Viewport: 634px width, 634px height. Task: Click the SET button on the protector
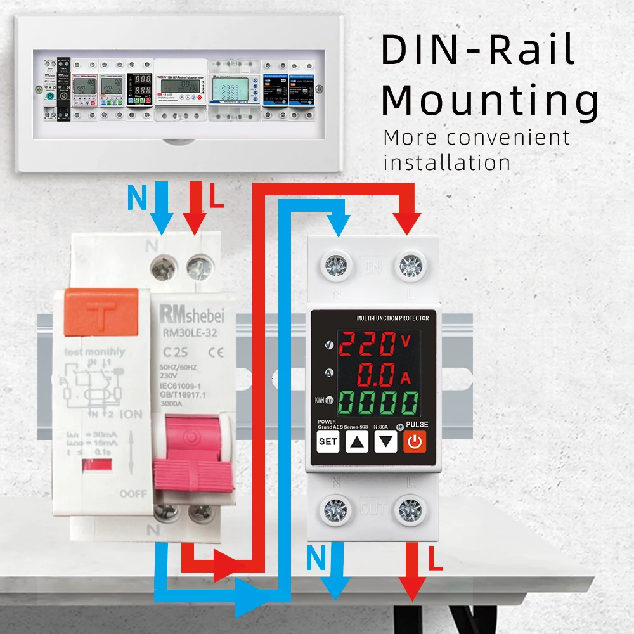point(328,442)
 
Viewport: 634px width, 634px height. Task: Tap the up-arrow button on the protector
point(357,442)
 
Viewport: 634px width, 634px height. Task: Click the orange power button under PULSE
point(415,441)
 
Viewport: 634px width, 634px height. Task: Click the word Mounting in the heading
point(490,101)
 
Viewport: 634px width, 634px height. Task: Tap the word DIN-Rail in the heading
point(478,51)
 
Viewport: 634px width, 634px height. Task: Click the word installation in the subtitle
point(447,162)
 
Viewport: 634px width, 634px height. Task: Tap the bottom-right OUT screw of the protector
point(411,509)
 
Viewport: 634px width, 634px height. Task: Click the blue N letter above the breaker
point(136,198)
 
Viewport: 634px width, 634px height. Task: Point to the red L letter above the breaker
point(217,198)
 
